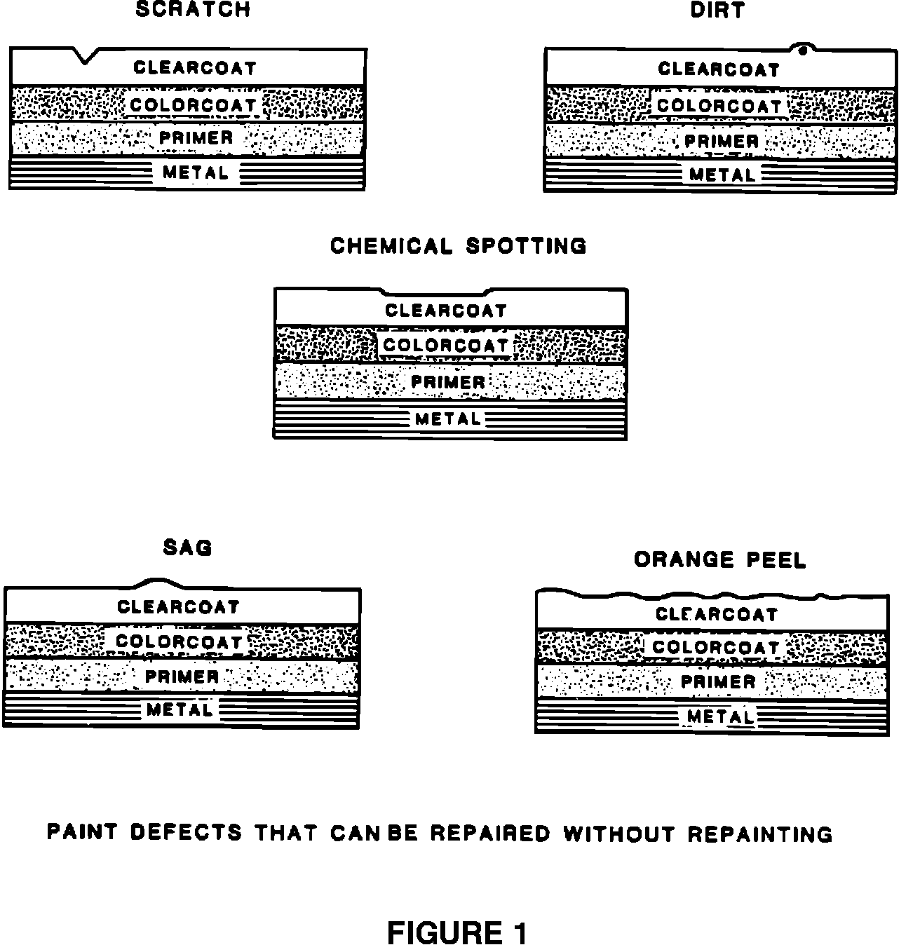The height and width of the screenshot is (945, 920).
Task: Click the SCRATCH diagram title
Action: click(x=193, y=10)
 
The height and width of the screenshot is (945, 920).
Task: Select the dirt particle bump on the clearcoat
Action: click(x=802, y=49)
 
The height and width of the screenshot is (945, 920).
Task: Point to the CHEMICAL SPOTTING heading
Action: click(x=458, y=246)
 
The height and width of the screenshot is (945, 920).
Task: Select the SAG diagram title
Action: click(x=187, y=547)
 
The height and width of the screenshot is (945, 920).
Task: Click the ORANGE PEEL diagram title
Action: click(x=720, y=559)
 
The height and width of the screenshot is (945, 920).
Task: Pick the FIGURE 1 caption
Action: click(x=457, y=933)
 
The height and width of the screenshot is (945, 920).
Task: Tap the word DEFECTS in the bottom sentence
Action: click(x=186, y=833)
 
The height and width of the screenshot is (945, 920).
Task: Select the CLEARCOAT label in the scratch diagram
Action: click(x=195, y=68)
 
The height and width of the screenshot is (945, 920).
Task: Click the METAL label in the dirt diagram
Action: click(x=722, y=175)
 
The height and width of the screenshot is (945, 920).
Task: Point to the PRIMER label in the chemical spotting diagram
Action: click(x=447, y=383)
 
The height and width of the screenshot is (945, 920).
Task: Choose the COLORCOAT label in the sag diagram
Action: click(x=179, y=641)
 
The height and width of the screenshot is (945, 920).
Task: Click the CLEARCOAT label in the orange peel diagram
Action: click(x=717, y=615)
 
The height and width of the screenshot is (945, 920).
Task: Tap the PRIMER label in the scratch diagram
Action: click(x=196, y=138)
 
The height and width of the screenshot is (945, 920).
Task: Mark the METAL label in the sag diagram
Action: click(x=180, y=710)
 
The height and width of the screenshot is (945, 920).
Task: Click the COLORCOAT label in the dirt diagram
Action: click(x=719, y=106)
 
